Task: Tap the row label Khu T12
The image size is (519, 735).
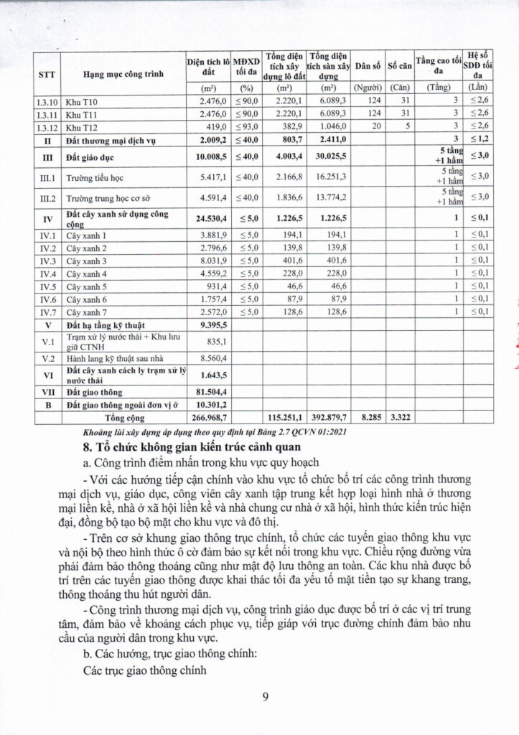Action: point(81,127)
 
